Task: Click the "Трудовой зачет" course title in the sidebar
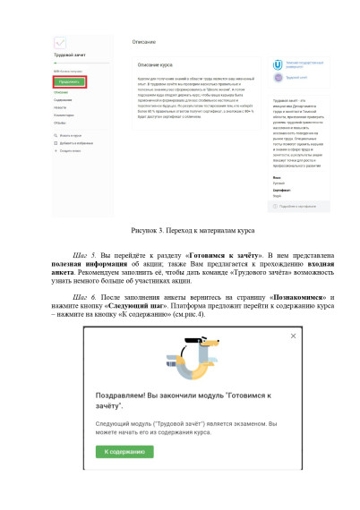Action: click(x=68, y=55)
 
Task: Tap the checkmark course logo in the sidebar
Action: click(x=61, y=42)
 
